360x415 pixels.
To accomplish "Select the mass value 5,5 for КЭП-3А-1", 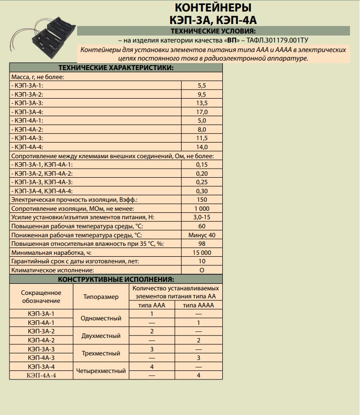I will (202, 86).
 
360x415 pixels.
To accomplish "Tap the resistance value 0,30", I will (202, 191).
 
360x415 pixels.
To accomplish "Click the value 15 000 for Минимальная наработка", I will (202, 252).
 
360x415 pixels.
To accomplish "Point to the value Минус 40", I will (202, 235).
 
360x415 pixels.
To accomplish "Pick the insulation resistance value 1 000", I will (202, 208).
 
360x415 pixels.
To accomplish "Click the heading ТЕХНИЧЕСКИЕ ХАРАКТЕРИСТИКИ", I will (116, 68).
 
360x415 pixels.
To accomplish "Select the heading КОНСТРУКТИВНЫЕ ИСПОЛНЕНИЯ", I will (116, 279).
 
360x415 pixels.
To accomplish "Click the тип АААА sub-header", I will (198, 305).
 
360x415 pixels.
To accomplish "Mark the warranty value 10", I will (202, 261).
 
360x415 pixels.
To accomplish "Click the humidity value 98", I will (202, 244).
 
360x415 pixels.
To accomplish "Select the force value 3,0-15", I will (202, 217).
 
